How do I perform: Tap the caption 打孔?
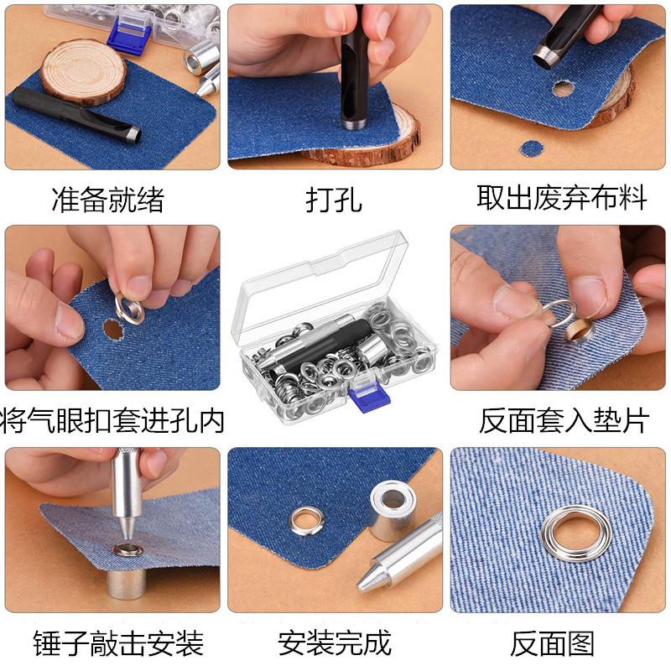tap(334, 200)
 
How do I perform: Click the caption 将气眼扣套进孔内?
tap(113, 420)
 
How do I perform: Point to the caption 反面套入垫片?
tap(564, 420)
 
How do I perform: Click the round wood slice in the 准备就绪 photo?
tap(83, 70)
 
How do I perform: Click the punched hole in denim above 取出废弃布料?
tap(563, 88)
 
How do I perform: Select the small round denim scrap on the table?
tap(531, 148)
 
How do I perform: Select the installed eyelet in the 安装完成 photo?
tap(302, 521)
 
